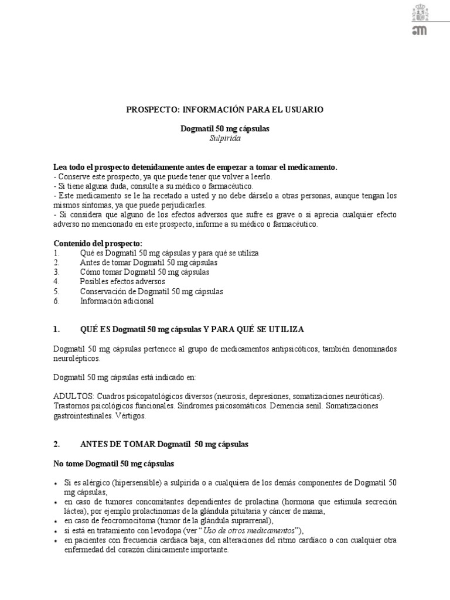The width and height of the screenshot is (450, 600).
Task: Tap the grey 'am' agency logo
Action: [x=420, y=30]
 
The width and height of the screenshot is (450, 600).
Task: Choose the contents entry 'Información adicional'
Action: [x=117, y=301]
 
